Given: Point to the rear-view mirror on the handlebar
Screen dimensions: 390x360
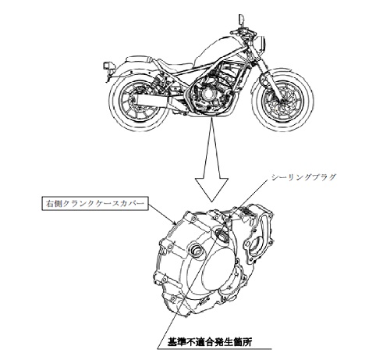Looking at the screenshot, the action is point(241,20).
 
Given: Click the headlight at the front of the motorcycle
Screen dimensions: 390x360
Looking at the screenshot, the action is point(262,43).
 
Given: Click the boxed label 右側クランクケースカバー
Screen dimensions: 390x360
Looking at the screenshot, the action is point(95,204).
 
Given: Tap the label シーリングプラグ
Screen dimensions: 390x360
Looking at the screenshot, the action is point(303,177).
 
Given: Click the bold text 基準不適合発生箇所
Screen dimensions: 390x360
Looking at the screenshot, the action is point(210,341).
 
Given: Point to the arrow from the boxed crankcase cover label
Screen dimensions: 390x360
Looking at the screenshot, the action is point(162,214).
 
